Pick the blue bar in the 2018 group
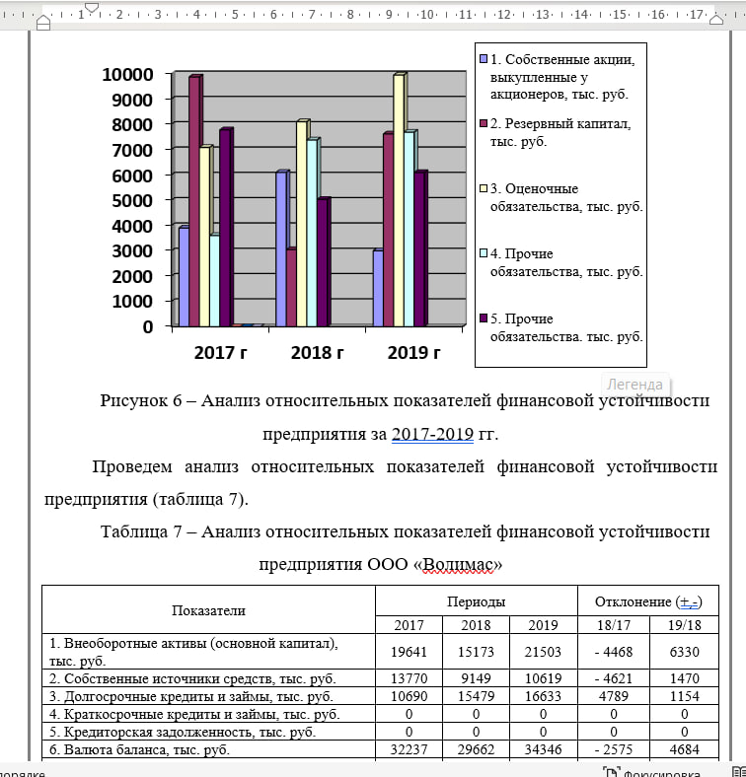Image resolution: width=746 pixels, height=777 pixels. tap(281, 247)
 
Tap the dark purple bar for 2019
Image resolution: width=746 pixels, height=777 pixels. tap(419, 247)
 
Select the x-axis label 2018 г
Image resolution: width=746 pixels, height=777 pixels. tap(317, 353)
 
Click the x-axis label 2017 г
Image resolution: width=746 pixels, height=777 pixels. tap(220, 353)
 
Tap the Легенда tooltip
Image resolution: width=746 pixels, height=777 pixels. tap(634, 385)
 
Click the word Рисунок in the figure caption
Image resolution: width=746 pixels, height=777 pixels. tap(133, 401)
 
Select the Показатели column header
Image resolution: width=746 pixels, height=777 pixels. tap(208, 611)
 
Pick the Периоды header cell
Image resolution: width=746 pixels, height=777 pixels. tap(476, 601)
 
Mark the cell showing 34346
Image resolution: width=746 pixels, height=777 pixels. tap(543, 750)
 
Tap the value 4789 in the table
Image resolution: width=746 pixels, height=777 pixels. tap(612, 696)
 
